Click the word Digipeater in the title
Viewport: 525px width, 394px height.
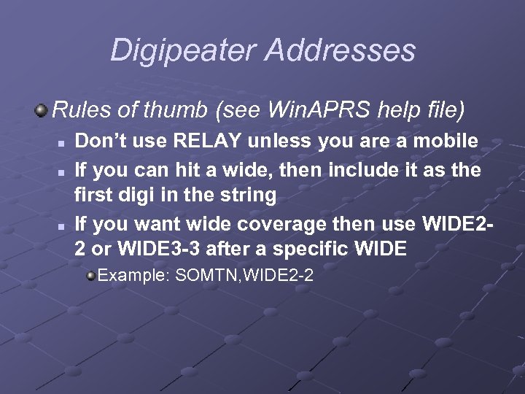click(182, 51)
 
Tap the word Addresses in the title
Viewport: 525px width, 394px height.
click(341, 51)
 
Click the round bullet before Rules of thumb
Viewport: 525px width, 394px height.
click(42, 111)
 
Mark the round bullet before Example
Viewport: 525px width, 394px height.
click(90, 276)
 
